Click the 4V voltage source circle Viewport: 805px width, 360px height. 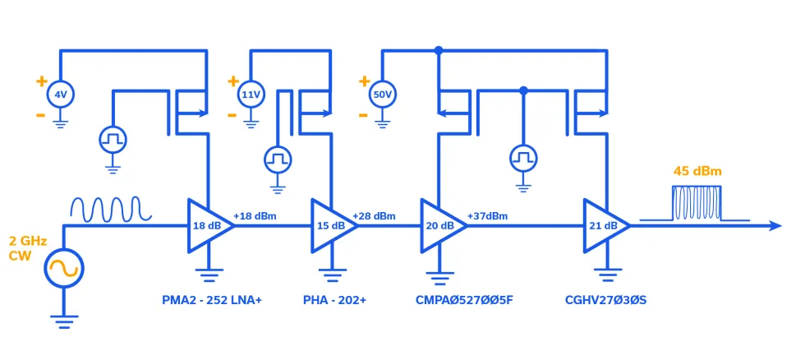click(x=60, y=95)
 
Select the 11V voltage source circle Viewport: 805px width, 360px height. click(x=250, y=95)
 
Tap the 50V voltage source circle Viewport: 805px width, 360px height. click(x=382, y=95)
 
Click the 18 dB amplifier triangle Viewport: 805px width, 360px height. click(x=206, y=225)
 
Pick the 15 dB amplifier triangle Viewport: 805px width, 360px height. click(x=329, y=225)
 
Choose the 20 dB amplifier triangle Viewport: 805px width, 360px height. click(x=439, y=225)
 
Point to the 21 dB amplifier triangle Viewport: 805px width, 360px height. click(x=603, y=225)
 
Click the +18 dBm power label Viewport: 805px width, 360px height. click(x=255, y=216)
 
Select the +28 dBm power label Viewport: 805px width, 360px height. click(x=374, y=216)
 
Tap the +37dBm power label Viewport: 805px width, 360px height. click(x=487, y=216)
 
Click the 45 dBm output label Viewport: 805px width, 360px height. click(x=697, y=172)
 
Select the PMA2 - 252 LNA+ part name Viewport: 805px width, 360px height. click(x=211, y=301)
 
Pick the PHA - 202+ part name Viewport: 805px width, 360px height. click(x=334, y=301)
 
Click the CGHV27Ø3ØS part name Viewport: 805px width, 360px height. click(x=605, y=301)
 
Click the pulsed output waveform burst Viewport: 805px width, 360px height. click(x=696, y=204)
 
